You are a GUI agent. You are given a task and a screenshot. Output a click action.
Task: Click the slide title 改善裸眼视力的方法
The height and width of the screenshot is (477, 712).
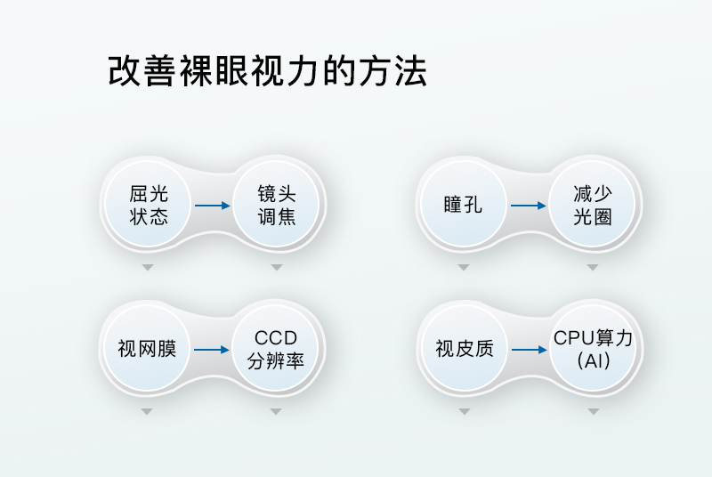(267, 71)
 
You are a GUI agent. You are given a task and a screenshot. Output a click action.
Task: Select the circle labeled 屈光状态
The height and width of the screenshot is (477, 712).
(149, 206)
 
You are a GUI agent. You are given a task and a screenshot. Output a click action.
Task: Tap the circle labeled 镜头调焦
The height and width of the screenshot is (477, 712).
(276, 206)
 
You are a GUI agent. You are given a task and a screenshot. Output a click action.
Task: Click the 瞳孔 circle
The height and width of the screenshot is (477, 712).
(463, 206)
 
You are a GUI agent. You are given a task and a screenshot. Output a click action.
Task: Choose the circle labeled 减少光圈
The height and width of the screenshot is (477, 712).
(593, 206)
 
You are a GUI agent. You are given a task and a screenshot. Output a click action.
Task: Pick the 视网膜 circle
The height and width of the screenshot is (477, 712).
(147, 349)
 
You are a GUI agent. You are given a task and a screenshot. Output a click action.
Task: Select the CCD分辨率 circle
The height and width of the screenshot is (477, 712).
(276, 349)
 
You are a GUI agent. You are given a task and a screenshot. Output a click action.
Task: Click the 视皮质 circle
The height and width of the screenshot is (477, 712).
(464, 349)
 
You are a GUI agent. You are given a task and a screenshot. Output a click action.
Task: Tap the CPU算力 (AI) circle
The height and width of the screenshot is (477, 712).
(593, 349)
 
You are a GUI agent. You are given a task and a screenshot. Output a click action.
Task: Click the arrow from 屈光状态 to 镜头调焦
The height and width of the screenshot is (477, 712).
(213, 206)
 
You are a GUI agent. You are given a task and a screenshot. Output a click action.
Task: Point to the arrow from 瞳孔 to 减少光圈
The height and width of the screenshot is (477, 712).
(528, 206)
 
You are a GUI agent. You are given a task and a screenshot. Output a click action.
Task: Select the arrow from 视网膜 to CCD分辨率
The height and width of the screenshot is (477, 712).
(212, 350)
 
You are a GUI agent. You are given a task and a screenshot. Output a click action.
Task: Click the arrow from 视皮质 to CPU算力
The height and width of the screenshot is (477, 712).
(528, 350)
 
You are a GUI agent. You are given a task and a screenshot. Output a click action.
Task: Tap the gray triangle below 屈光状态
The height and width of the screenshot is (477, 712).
(148, 267)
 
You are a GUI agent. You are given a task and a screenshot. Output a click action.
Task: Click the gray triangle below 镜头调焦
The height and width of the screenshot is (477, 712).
(276, 267)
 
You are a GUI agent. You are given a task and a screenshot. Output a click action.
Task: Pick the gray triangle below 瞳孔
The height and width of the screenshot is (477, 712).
(463, 267)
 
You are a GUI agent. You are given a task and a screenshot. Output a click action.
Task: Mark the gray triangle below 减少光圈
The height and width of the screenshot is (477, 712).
(593, 267)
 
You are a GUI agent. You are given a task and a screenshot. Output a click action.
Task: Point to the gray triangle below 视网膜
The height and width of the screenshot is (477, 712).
(148, 411)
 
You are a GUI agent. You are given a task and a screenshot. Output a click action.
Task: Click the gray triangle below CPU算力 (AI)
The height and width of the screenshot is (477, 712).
(593, 411)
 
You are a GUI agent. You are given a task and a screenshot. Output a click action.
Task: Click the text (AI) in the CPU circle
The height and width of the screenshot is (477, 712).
(593, 361)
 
